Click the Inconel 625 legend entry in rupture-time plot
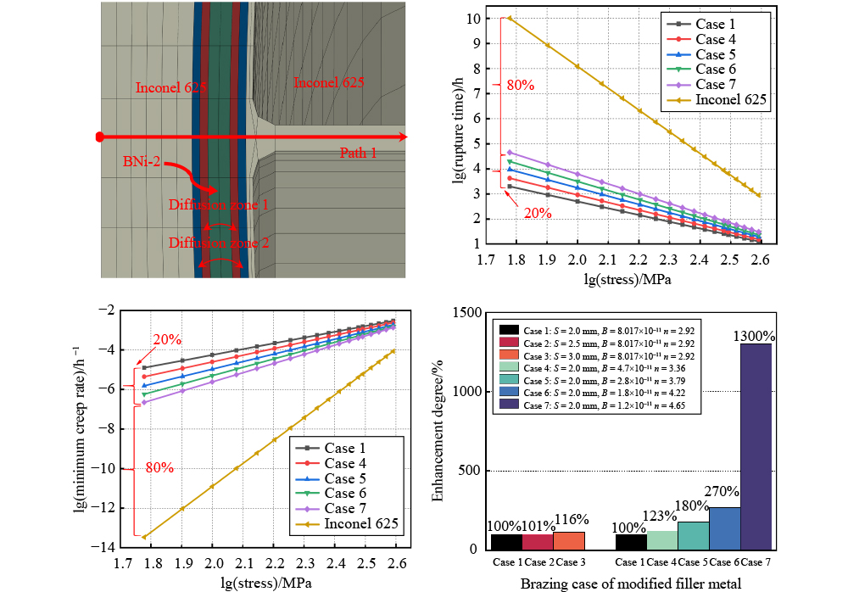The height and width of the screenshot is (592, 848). pyautogui.click(x=730, y=99)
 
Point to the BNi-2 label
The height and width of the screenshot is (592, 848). pyautogui.click(x=141, y=159)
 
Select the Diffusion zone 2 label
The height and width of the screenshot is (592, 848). pyautogui.click(x=218, y=243)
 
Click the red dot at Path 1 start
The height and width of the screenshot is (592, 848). pyautogui.click(x=99, y=137)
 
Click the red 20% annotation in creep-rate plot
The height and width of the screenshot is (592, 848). pyautogui.click(x=166, y=339)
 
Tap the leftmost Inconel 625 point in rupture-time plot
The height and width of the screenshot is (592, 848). pyautogui.click(x=510, y=18)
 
